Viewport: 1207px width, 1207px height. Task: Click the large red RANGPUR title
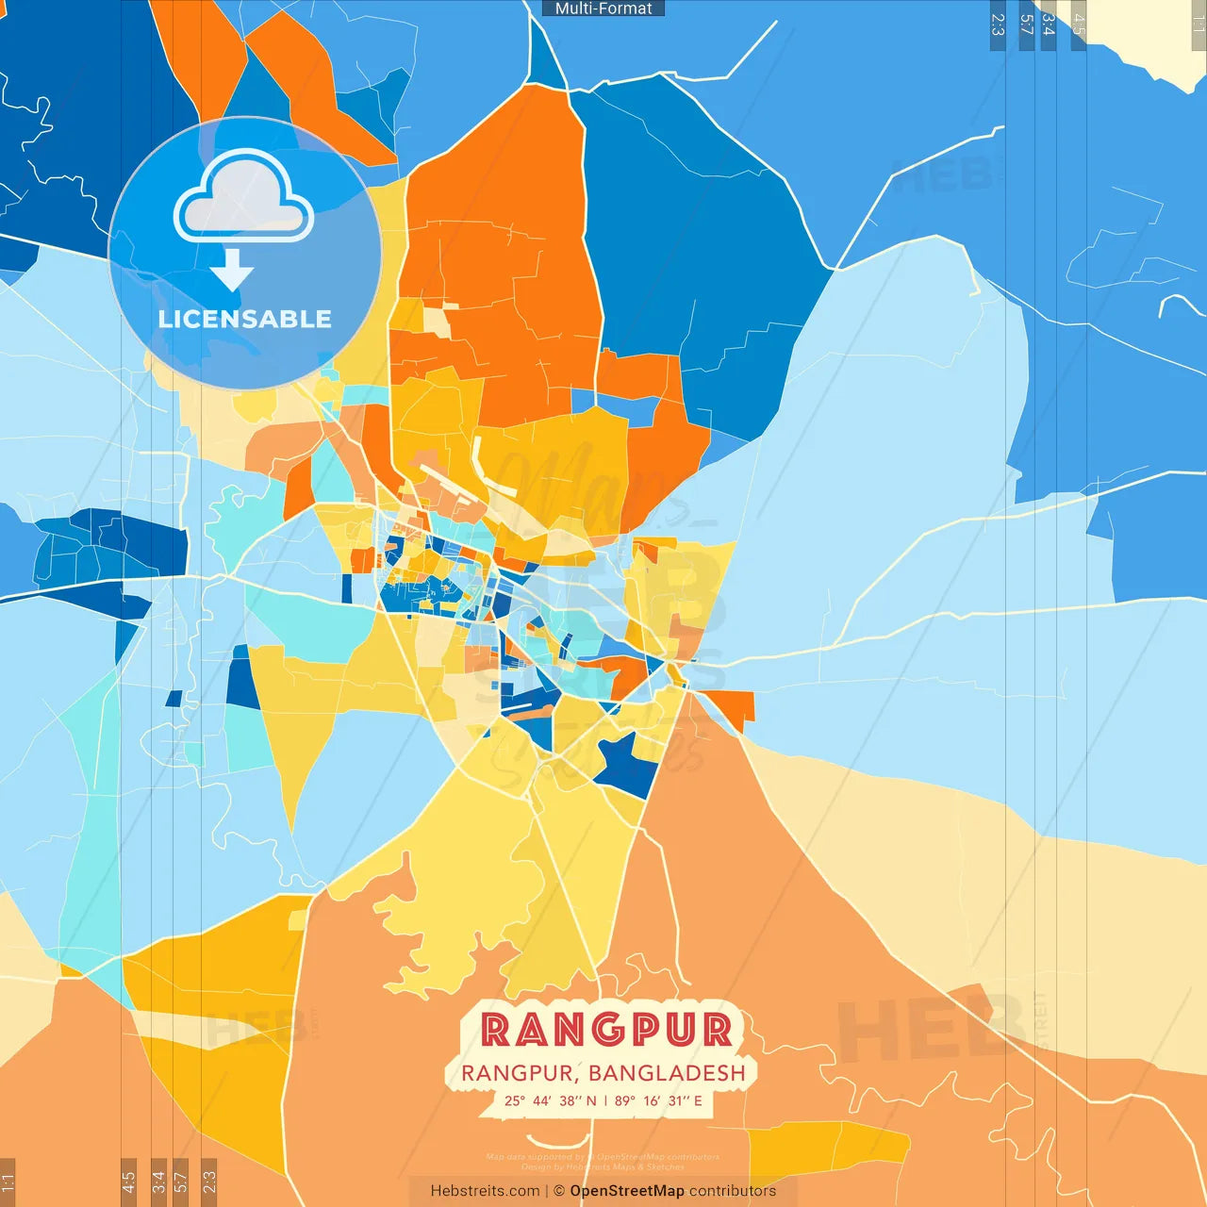pyautogui.click(x=606, y=1030)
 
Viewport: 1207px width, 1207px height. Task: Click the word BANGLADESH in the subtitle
pyautogui.click(x=667, y=1073)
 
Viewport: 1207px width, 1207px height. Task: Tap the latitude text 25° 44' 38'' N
pyautogui.click(x=550, y=1100)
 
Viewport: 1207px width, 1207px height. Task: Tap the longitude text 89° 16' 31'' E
pyautogui.click(x=658, y=1100)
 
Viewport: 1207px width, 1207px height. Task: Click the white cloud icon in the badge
pyautogui.click(x=243, y=200)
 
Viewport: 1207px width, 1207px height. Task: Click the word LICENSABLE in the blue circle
pyautogui.click(x=244, y=319)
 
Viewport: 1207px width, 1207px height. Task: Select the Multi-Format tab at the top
pyautogui.click(x=603, y=8)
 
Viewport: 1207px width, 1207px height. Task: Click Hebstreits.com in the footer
pyautogui.click(x=485, y=1191)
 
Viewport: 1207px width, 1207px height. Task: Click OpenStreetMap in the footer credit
pyautogui.click(x=626, y=1191)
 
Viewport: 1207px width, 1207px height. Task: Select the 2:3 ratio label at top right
pyautogui.click(x=998, y=25)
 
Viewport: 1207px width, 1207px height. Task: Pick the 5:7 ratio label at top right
pyautogui.click(x=1027, y=25)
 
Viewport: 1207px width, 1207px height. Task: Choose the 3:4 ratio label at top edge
pyautogui.click(x=1048, y=25)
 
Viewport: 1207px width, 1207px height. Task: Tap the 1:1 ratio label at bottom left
pyautogui.click(x=8, y=1182)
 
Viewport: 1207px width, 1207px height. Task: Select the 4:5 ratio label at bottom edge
pyautogui.click(x=129, y=1182)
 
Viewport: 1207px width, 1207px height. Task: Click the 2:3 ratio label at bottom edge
pyautogui.click(x=209, y=1182)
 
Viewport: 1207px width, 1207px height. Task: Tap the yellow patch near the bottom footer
pyautogui.click(x=830, y=1146)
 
